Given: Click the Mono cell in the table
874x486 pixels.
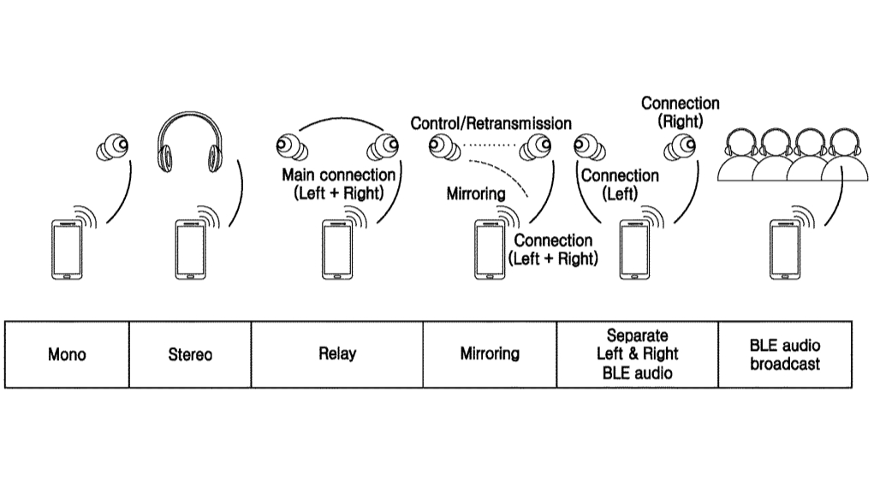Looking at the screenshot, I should (x=67, y=354).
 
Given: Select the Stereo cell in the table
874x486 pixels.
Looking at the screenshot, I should (x=190, y=354).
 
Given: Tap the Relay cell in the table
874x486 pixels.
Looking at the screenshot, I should (x=336, y=354).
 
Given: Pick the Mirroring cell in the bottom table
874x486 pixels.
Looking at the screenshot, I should (x=490, y=354).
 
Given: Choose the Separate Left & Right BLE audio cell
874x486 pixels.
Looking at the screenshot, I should (x=637, y=354).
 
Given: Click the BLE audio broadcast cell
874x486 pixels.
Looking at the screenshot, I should (x=785, y=354).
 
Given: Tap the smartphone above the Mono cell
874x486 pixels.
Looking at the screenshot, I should (x=67, y=250).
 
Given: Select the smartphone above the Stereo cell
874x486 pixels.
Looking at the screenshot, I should (x=190, y=250).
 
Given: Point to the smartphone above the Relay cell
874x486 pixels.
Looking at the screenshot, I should (x=337, y=250).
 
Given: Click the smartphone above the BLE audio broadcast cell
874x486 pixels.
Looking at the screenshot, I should (x=785, y=250).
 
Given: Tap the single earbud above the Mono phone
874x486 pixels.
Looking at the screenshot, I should (x=113, y=149).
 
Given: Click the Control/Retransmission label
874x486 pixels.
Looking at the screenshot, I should (x=491, y=123).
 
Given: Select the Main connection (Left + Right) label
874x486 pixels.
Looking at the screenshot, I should (x=339, y=184).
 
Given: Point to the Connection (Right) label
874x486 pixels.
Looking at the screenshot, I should (x=681, y=112).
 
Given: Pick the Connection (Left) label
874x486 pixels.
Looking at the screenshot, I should (x=620, y=184).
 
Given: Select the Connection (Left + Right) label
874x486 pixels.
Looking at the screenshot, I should (x=553, y=249).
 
